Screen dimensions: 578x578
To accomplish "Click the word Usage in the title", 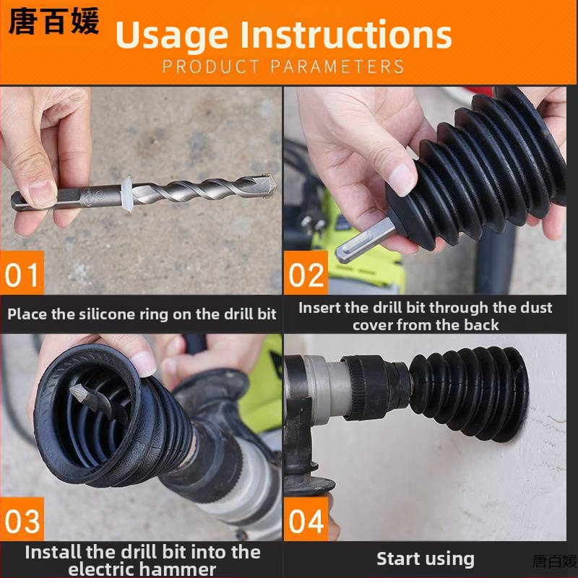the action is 172,35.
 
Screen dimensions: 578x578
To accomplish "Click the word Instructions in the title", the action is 346,34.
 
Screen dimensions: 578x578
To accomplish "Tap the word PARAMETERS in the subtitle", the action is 337,66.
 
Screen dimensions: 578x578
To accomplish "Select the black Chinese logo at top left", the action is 53,22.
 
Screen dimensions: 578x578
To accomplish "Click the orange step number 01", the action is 22,273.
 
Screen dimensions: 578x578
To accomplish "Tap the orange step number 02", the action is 306,273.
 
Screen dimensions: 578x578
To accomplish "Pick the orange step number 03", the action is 22,519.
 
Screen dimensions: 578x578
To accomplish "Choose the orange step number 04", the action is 306,519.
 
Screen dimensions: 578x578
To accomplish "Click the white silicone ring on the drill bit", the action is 127,194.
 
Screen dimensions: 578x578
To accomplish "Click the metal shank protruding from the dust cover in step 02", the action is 365,241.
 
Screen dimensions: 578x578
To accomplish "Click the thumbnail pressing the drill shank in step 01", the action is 43,191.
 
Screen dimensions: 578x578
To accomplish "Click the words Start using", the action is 426,559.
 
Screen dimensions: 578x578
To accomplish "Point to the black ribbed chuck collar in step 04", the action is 365,388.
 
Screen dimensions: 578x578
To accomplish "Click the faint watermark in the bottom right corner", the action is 555,562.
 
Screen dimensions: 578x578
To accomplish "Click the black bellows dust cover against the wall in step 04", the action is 469,394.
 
